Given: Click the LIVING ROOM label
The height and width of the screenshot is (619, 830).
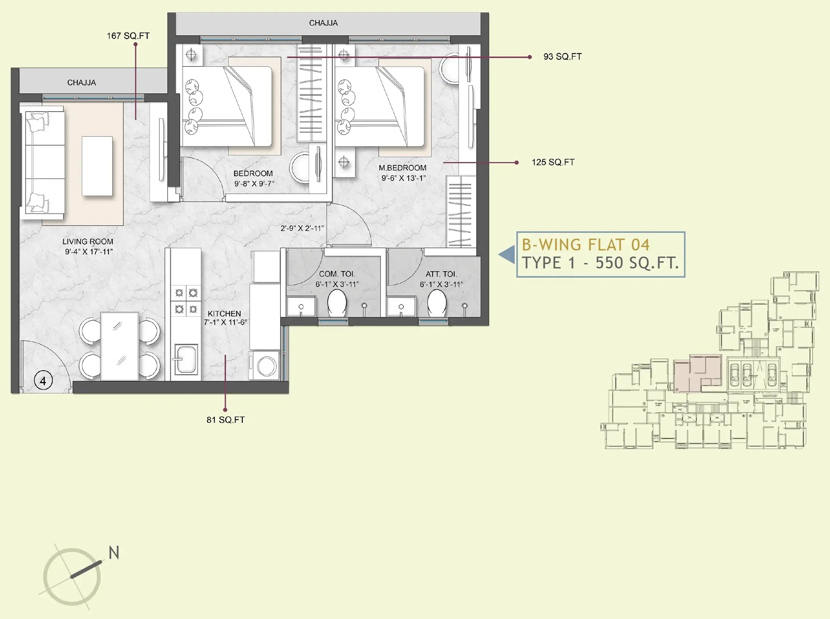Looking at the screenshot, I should click(x=87, y=242).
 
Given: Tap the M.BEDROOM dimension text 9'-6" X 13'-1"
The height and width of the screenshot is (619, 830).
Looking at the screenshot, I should click(x=403, y=179).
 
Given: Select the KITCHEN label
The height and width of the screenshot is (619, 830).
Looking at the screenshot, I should click(x=224, y=314).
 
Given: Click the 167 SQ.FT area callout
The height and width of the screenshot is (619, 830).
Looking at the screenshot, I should click(x=128, y=36).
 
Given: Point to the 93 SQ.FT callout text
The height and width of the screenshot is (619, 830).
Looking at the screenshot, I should click(x=562, y=57).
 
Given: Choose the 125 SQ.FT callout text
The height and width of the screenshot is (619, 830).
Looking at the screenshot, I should click(x=553, y=162).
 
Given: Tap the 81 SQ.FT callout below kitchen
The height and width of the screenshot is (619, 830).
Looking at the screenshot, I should click(x=225, y=420).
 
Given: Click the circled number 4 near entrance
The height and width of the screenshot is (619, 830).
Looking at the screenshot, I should click(x=43, y=381).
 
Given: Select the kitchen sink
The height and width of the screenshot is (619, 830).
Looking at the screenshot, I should click(x=185, y=360).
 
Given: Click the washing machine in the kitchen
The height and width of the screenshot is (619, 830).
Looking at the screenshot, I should click(x=266, y=365).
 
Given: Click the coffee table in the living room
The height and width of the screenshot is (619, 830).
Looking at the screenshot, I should click(x=97, y=166).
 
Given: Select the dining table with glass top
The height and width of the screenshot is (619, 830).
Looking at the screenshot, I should click(x=120, y=346).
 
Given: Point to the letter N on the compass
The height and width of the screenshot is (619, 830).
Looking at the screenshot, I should click(x=114, y=553).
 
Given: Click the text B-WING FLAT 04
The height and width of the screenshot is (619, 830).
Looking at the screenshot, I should click(x=586, y=245).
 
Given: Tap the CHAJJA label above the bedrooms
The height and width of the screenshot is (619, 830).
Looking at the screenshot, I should click(x=323, y=23).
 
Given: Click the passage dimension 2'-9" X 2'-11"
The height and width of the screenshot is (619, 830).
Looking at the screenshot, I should click(x=302, y=228).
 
